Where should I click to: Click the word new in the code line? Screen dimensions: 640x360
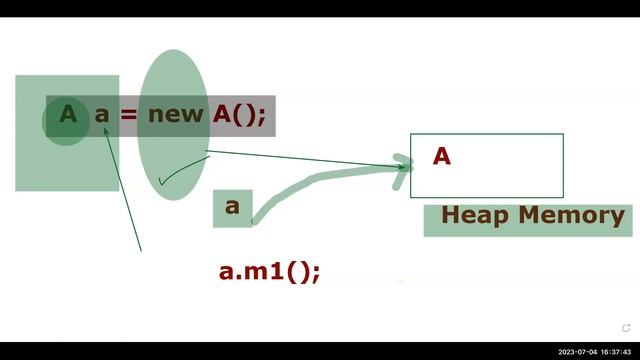(x=176, y=114)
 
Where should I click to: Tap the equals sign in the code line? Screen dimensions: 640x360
(x=127, y=114)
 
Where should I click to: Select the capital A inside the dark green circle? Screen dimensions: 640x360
(x=67, y=114)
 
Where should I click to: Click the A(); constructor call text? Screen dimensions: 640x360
(x=239, y=114)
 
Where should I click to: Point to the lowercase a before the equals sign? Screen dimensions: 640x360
(x=101, y=114)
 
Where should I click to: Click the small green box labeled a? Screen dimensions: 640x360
(x=232, y=207)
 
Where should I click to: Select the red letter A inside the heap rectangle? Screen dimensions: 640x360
(x=442, y=157)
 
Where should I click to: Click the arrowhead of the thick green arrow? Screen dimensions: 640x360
(x=404, y=164)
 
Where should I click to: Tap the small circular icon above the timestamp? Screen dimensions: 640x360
(x=626, y=327)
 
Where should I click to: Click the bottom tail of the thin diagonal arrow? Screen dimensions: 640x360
(x=140, y=248)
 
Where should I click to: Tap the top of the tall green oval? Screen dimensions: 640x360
(x=171, y=53)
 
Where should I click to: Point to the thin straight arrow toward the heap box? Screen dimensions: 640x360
(x=300, y=158)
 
